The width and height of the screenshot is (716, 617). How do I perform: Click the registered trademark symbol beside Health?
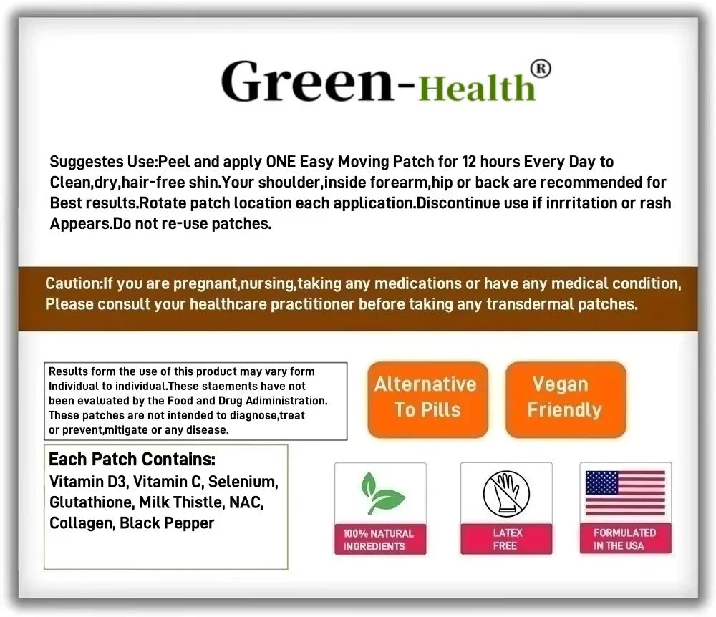(541, 68)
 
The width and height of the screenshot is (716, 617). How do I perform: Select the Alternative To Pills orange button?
(427, 397)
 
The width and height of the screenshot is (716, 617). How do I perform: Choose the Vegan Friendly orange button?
(565, 397)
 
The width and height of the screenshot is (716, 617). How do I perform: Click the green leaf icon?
(380, 492)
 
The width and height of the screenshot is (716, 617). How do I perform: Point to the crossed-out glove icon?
(506, 492)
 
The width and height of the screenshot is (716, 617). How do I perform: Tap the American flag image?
(625, 492)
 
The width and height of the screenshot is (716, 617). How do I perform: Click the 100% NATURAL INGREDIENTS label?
(379, 539)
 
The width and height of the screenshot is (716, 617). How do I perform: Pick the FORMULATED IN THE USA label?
(624, 539)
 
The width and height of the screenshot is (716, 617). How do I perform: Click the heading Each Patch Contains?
(132, 459)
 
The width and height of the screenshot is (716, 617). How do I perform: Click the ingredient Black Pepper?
(167, 523)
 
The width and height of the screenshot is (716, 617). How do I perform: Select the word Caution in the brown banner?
(72, 283)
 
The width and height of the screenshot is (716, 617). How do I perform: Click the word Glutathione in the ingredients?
(89, 502)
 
